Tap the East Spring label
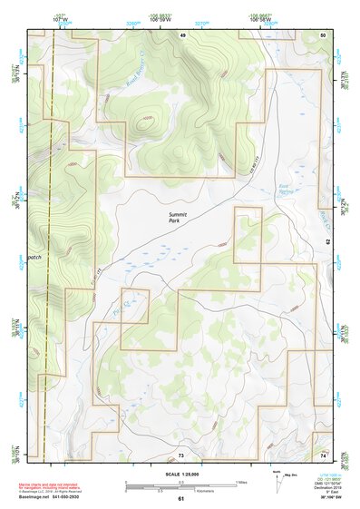pyautogui.click(x=287, y=191)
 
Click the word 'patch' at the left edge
pyautogui.click(x=34, y=257)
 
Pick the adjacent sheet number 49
pyautogui.click(x=181, y=34)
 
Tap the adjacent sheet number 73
pyautogui.click(x=181, y=454)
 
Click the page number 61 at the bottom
pyautogui.click(x=181, y=498)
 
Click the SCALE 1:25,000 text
pyautogui.click(x=181, y=474)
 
